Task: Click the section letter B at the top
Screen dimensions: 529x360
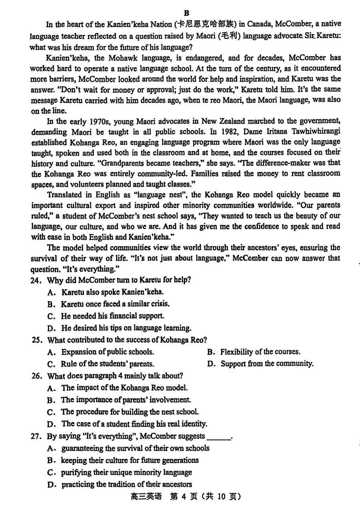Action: [186, 13]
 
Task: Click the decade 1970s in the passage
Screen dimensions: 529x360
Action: [91, 121]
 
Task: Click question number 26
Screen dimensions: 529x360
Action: [37, 376]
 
